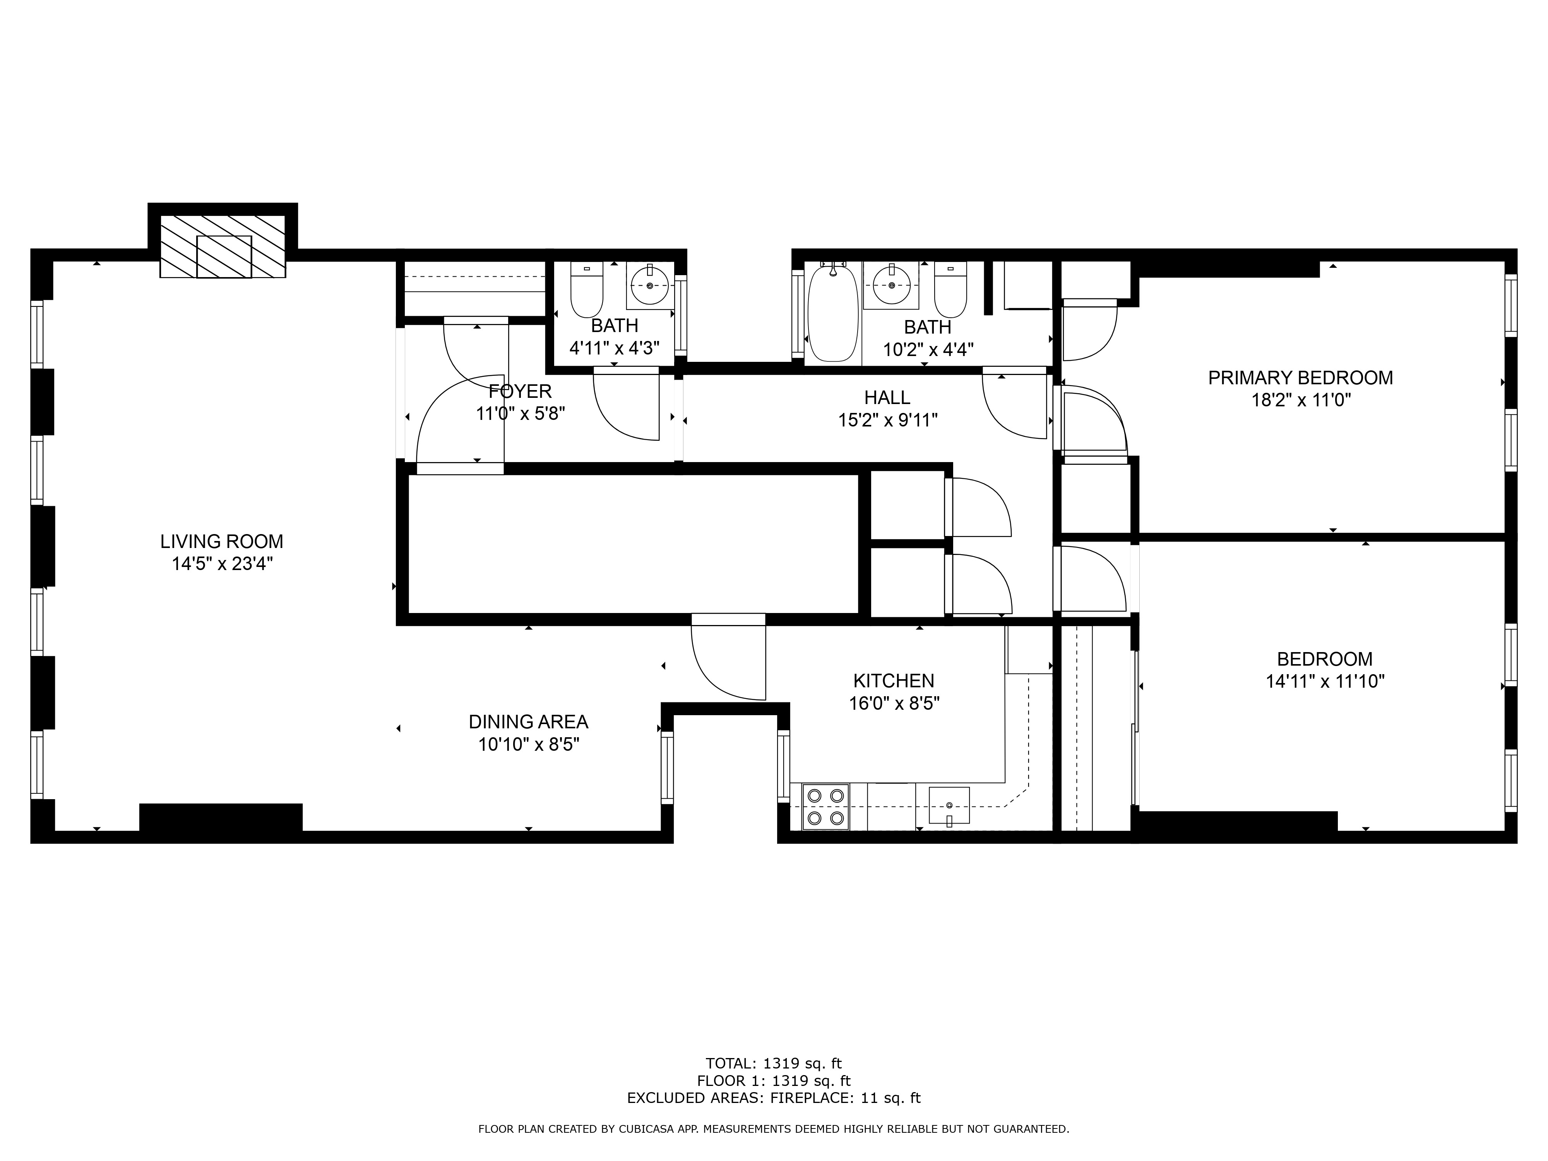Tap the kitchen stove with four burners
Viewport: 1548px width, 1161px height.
[826, 807]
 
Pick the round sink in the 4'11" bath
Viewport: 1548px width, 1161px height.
[650, 285]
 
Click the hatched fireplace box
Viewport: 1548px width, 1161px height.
[223, 247]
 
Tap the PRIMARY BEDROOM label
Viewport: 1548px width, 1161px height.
[1300, 378]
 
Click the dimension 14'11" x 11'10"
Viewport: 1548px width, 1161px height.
[1325, 681]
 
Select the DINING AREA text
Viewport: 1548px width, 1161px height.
[528, 721]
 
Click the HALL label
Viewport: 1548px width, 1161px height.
[887, 397]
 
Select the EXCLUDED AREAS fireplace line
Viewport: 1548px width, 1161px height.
[774, 1098]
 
